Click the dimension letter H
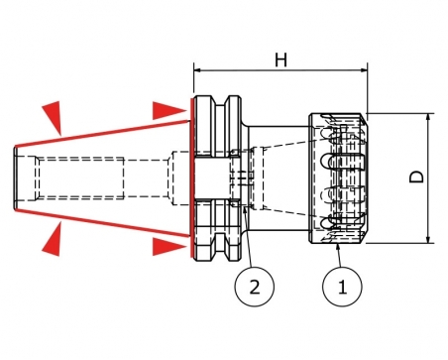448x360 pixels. point(280,60)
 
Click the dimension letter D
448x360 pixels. point(416,177)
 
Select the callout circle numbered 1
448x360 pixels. point(342,287)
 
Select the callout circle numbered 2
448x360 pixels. point(255,287)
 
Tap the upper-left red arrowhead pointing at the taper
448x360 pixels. point(53,117)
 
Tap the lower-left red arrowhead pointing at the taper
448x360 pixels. point(53,239)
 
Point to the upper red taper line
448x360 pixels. point(102,134)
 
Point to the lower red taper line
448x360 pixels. point(102,223)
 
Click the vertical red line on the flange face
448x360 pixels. point(191,178)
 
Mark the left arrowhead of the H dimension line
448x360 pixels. point(197,70)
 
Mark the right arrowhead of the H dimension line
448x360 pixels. point(364,70)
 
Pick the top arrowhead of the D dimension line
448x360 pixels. point(428,117)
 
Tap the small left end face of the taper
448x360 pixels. point(15,179)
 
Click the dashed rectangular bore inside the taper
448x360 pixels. point(79,179)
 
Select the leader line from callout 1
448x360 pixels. point(339,255)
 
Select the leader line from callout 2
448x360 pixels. point(248,236)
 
